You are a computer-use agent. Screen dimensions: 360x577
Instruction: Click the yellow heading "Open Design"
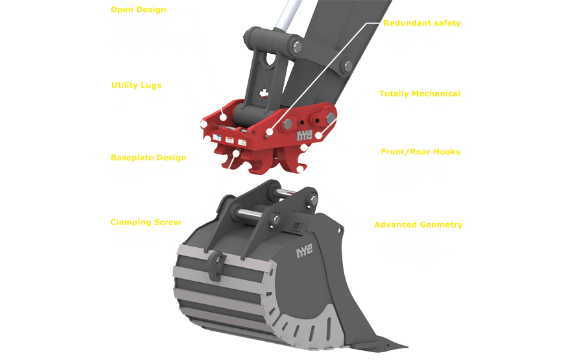coord(139,10)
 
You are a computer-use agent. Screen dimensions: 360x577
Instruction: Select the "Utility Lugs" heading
coord(136,85)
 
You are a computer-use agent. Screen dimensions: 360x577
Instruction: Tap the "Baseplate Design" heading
coord(148,158)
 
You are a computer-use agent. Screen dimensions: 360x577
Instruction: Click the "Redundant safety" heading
coord(422,23)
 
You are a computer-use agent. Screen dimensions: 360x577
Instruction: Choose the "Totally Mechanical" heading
coord(419,93)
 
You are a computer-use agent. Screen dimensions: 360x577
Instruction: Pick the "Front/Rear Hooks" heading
coord(421,152)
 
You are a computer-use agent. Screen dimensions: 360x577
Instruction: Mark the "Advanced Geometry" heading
coord(418,224)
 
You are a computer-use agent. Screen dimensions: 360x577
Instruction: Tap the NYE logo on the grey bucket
coord(305,252)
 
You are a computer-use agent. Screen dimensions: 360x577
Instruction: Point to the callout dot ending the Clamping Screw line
coord(237,152)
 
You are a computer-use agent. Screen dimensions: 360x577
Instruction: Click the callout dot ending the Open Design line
coord(222,117)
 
